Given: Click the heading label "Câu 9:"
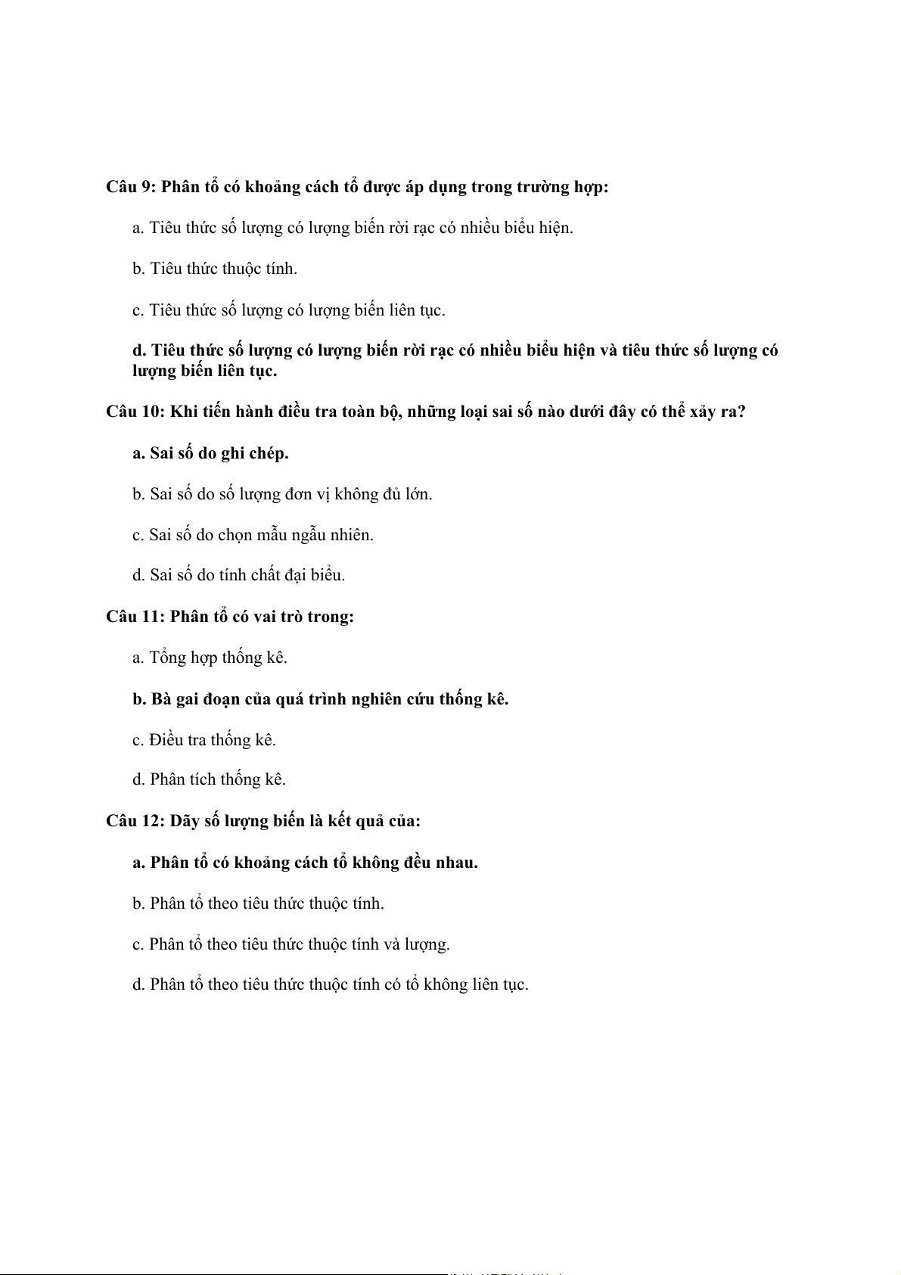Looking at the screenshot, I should coord(131,187).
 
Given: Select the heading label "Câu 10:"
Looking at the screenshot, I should coord(135,412).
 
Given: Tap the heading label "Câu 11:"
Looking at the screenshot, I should coord(135,617).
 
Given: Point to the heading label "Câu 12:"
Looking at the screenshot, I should coord(135,821).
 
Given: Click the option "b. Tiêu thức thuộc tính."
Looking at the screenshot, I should coord(215,269).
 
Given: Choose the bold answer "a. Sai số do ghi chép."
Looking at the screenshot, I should coord(210,453).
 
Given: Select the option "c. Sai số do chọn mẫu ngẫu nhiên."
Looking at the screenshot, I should coord(253,535).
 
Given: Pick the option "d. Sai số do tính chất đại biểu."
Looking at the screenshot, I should coord(238,575).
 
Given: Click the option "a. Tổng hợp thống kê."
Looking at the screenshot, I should coord(210,658).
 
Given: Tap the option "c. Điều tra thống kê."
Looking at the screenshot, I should coord(204,740).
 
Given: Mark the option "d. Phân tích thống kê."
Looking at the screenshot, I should coord(209,779).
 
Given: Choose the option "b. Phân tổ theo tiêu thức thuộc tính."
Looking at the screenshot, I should coord(258,903).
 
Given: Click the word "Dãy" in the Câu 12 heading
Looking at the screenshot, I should coord(185,821).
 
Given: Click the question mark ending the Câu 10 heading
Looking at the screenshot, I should coord(741,412).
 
